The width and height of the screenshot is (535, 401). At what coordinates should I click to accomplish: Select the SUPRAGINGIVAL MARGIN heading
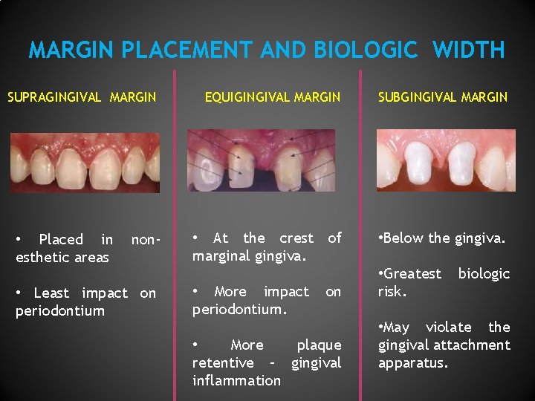(x=82, y=97)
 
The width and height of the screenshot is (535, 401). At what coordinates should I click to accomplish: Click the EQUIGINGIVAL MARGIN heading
(x=272, y=97)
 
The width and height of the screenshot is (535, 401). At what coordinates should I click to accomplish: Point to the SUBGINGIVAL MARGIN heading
(x=443, y=97)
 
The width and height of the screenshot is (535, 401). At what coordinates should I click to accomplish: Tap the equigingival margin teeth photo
(x=261, y=160)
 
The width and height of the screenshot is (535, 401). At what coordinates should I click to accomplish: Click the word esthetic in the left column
(x=39, y=258)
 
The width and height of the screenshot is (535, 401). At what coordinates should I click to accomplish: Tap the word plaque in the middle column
(x=319, y=345)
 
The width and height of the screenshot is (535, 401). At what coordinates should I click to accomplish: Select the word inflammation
(x=236, y=381)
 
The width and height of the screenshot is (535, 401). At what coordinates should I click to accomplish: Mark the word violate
(x=448, y=327)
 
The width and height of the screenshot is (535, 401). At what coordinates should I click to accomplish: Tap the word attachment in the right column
(x=472, y=345)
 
